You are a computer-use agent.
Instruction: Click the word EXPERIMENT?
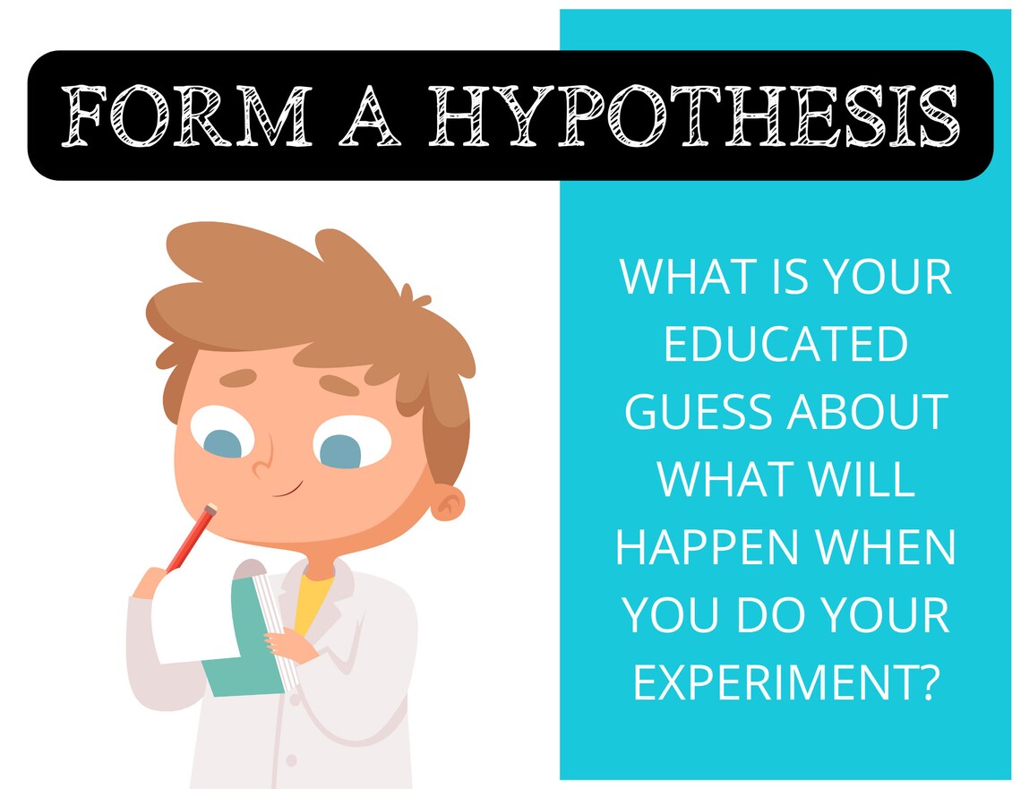pos(785,682)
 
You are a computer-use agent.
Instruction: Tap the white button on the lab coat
pos(290,760)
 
